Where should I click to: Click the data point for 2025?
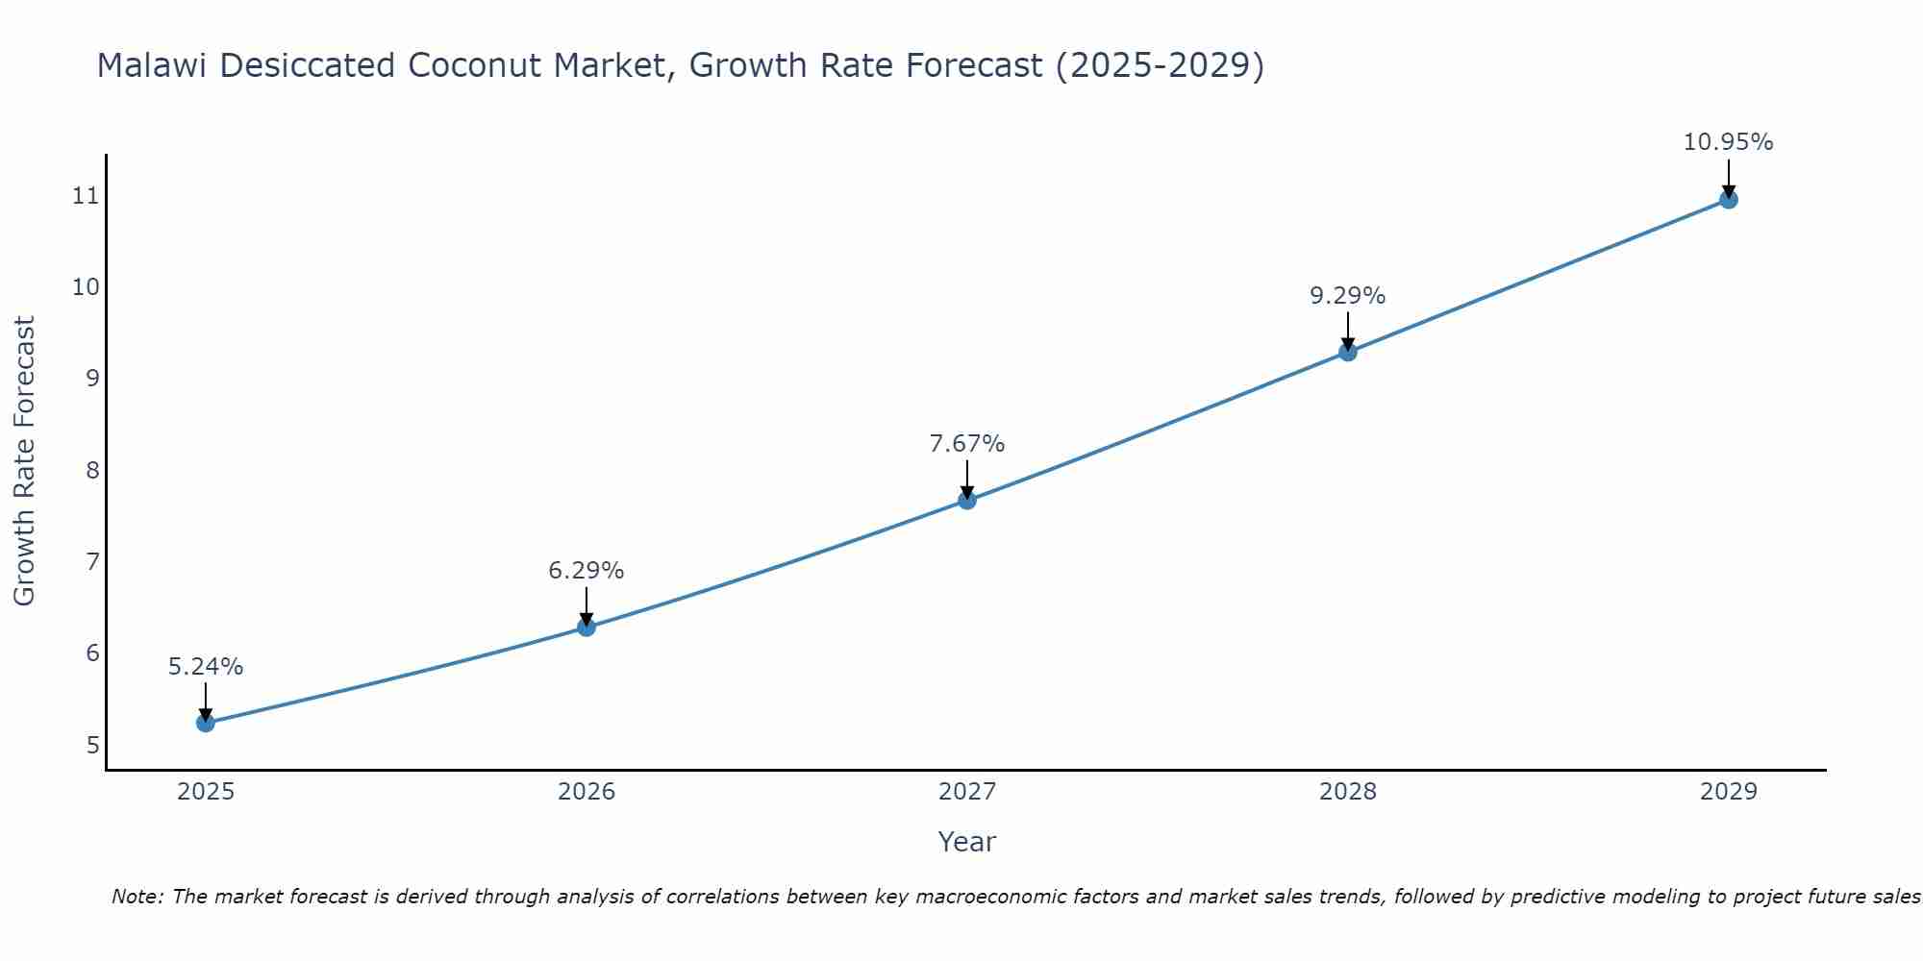coord(205,723)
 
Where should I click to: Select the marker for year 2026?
coord(586,628)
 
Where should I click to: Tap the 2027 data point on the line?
coord(967,500)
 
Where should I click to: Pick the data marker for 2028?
coord(1348,352)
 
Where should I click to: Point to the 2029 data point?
coord(1728,200)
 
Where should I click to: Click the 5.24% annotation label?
coord(205,667)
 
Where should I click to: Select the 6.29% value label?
coord(586,571)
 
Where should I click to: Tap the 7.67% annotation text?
coord(966,444)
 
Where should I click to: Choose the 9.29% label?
coord(1347,296)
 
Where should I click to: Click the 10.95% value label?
coord(1728,142)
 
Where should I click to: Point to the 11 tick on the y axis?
coord(86,196)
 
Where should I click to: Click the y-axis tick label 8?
coord(92,471)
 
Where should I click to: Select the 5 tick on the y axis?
coord(92,746)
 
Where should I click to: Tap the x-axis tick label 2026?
coord(587,792)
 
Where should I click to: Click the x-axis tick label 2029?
coord(1728,792)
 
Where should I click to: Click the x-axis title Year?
coord(966,842)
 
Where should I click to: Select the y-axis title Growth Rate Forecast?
coord(25,461)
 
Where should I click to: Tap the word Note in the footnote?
coord(137,898)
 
